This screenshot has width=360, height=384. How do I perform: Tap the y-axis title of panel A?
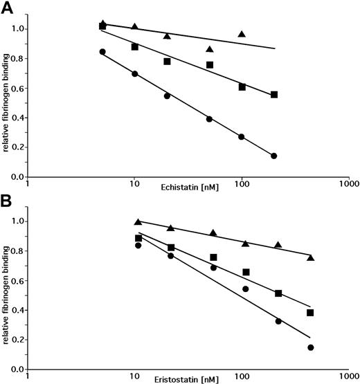click(8, 97)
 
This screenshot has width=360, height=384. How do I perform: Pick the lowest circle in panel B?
click(310, 347)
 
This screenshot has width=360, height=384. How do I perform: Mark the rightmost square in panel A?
click(274, 94)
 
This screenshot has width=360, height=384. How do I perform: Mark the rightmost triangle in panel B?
click(310, 257)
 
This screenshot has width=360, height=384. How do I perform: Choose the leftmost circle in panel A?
click(102, 52)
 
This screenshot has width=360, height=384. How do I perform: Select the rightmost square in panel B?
click(310, 313)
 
